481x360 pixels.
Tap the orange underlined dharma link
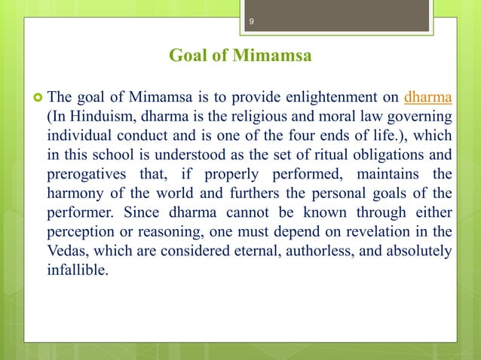428,97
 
